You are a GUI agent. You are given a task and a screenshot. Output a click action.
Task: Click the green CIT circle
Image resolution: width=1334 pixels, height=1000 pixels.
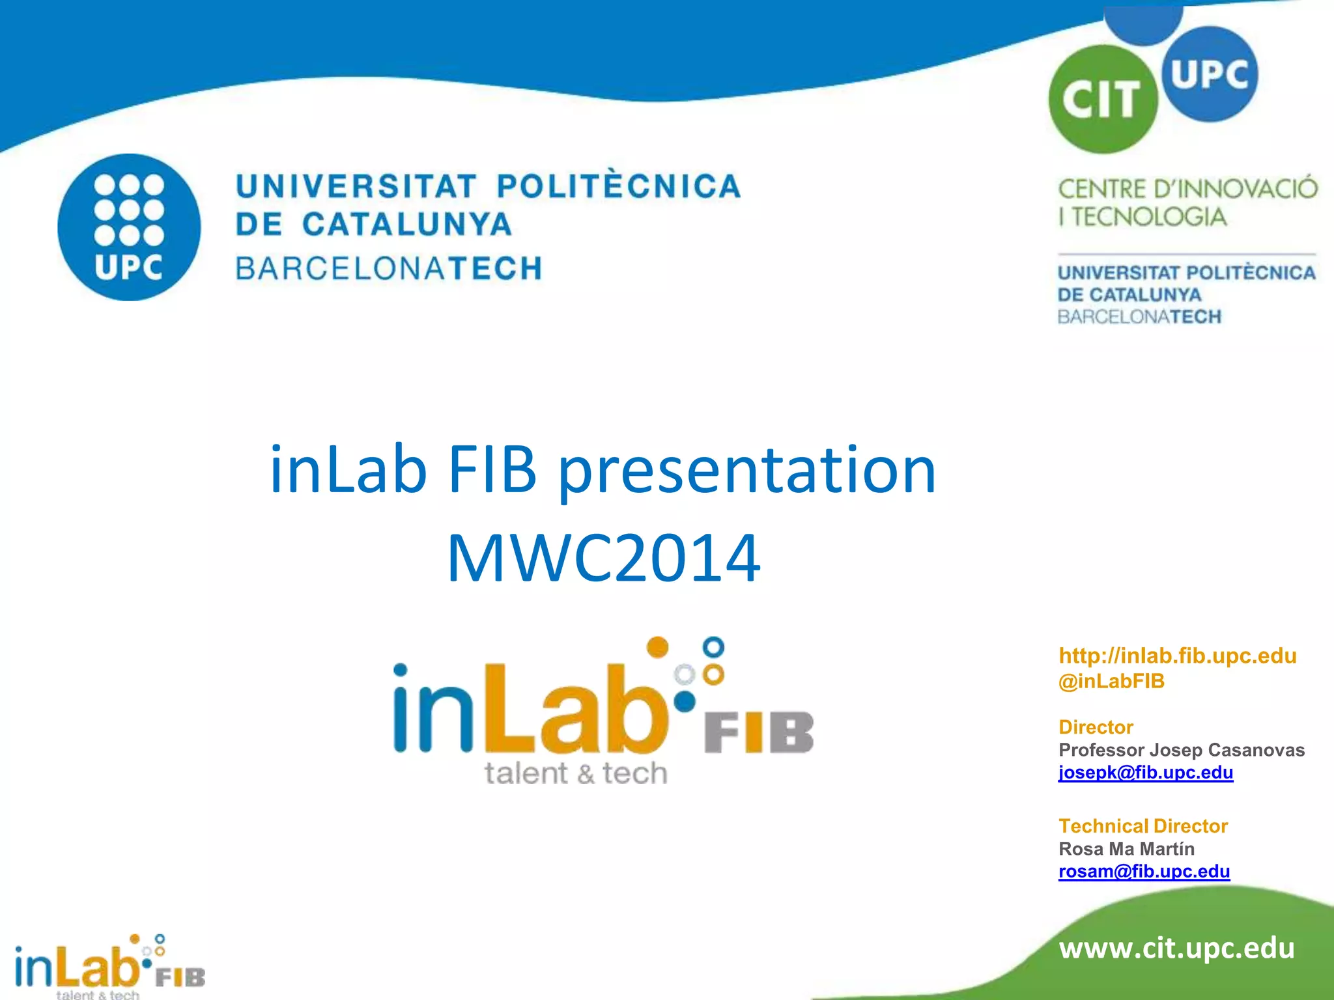(x=1102, y=100)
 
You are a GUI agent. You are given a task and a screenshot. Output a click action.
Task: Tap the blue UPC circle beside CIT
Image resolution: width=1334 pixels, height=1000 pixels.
(x=1210, y=74)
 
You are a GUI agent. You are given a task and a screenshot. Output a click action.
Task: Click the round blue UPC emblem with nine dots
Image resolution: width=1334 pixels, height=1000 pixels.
(x=129, y=227)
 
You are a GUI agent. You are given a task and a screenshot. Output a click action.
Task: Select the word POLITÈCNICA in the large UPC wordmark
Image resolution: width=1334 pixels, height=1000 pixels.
(x=619, y=186)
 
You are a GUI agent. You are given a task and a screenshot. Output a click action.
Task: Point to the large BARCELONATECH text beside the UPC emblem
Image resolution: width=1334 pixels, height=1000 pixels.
(x=389, y=268)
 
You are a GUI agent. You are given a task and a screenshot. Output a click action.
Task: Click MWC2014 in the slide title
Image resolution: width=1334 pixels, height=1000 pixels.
(x=603, y=558)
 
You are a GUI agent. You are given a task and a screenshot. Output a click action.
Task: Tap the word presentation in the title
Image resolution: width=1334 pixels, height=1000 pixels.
(x=747, y=470)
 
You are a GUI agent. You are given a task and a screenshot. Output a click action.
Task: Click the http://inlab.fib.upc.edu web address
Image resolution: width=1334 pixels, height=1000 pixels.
(x=1177, y=656)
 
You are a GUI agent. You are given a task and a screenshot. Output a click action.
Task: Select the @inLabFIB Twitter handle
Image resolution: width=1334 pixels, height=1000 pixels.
(x=1111, y=681)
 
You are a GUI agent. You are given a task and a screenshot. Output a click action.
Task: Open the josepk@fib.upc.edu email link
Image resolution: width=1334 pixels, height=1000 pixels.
(x=1145, y=772)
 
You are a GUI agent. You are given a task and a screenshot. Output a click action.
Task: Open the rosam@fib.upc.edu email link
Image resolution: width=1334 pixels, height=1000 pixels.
(x=1144, y=871)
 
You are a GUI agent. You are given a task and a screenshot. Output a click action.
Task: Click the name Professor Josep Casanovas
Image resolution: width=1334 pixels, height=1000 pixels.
(x=1181, y=750)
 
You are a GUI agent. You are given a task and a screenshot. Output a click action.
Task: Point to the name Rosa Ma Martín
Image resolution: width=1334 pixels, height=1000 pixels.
(x=1126, y=849)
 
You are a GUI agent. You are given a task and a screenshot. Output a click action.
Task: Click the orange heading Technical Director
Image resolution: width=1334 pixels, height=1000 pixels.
(x=1142, y=826)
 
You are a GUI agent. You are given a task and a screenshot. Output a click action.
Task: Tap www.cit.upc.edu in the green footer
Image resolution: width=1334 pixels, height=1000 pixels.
(x=1176, y=948)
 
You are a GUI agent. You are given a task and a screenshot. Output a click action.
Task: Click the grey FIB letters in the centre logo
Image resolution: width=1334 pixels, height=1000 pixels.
(x=759, y=732)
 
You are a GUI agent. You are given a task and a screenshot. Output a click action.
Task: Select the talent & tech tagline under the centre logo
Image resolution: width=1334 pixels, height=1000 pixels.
(x=576, y=773)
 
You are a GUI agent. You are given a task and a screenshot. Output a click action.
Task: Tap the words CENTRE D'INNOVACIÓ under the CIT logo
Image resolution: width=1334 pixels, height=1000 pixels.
(x=1187, y=189)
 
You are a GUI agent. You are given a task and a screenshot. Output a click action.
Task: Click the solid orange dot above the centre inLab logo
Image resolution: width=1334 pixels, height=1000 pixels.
(x=658, y=647)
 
